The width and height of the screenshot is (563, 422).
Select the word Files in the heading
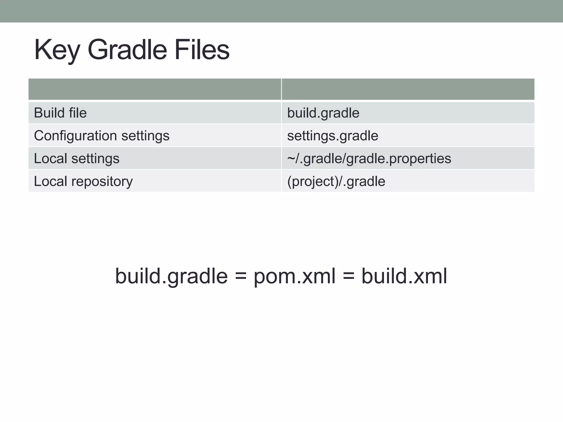(202, 50)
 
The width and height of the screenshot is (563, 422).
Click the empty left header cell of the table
(155, 89)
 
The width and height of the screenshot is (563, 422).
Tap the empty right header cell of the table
(408, 89)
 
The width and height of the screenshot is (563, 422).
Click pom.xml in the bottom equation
(294, 276)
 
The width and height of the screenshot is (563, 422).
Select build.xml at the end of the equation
(404, 276)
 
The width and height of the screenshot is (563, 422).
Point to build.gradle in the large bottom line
(171, 276)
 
